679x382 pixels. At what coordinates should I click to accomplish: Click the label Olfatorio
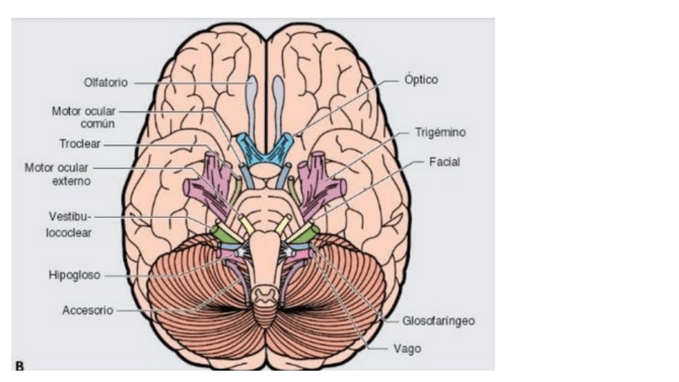[x=106, y=82]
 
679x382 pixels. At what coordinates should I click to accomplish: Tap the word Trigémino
[x=440, y=131]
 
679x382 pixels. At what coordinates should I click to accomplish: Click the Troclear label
[x=78, y=144]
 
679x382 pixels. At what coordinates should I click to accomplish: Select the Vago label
[x=407, y=348]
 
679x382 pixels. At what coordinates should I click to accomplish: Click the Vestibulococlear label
[x=70, y=224]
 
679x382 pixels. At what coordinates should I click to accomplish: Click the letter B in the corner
[x=19, y=366]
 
